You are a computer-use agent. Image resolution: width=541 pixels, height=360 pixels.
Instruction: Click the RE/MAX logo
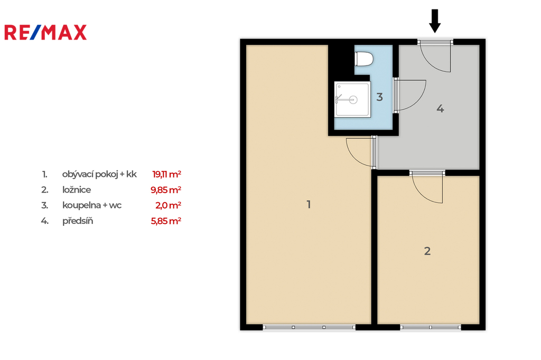coord(45,32)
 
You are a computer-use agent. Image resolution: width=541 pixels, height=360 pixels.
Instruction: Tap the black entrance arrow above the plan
coord(435,21)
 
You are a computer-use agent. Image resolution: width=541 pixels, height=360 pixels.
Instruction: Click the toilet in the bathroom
coord(364,59)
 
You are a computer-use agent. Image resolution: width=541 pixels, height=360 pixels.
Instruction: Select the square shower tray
coord(352,99)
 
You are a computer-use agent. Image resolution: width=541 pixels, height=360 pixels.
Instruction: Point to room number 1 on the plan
coord(309,204)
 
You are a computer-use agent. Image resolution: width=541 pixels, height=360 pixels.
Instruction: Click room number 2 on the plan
coord(427,251)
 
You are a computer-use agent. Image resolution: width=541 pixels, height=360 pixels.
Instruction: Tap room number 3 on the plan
coord(379,97)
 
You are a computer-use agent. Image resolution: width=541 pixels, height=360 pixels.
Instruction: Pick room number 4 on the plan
coord(440,109)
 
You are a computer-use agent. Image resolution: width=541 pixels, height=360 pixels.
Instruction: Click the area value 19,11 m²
coord(166,174)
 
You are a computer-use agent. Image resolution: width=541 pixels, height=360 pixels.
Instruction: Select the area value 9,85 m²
coord(166,190)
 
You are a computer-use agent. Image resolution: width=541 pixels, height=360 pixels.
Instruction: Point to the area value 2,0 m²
coord(169,205)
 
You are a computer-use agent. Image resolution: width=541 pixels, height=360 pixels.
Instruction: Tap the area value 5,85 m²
coord(166,221)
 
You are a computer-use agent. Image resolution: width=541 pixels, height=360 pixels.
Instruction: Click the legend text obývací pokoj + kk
coord(99,174)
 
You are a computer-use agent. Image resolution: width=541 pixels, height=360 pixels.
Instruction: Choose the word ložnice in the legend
coord(77,190)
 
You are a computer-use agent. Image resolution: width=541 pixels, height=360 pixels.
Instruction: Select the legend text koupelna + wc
coord(92,205)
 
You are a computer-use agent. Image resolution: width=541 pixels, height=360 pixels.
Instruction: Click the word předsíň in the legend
coord(78,221)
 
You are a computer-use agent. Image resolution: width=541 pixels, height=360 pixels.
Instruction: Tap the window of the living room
coord(309,327)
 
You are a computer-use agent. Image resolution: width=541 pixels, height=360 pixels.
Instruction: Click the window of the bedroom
coord(430,327)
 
